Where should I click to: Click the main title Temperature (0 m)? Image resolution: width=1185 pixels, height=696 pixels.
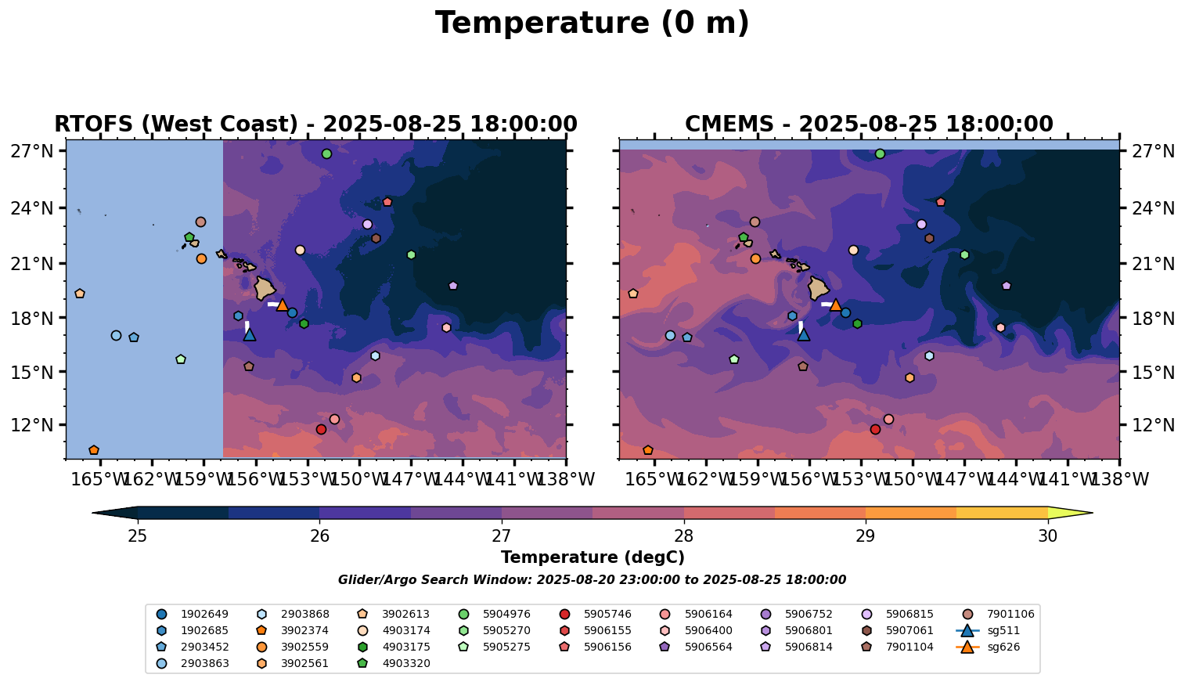592,23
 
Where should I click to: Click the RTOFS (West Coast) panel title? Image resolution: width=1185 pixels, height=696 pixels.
315,124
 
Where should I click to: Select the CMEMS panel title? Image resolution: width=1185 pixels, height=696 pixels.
869,124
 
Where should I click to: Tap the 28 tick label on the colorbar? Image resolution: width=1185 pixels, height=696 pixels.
683,536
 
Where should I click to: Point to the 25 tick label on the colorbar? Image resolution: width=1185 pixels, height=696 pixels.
138,536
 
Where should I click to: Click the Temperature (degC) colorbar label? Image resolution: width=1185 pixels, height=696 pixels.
592,557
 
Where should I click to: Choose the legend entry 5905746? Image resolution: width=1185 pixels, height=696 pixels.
607,614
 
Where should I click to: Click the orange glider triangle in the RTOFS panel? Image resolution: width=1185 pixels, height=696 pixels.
283,305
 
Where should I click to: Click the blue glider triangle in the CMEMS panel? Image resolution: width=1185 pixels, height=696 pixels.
803,334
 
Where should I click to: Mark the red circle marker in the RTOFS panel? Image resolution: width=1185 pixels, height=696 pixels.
321,429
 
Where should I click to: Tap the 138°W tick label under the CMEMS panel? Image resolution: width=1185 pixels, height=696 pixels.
1119,479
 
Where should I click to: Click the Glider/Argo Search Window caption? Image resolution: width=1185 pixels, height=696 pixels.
592,580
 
